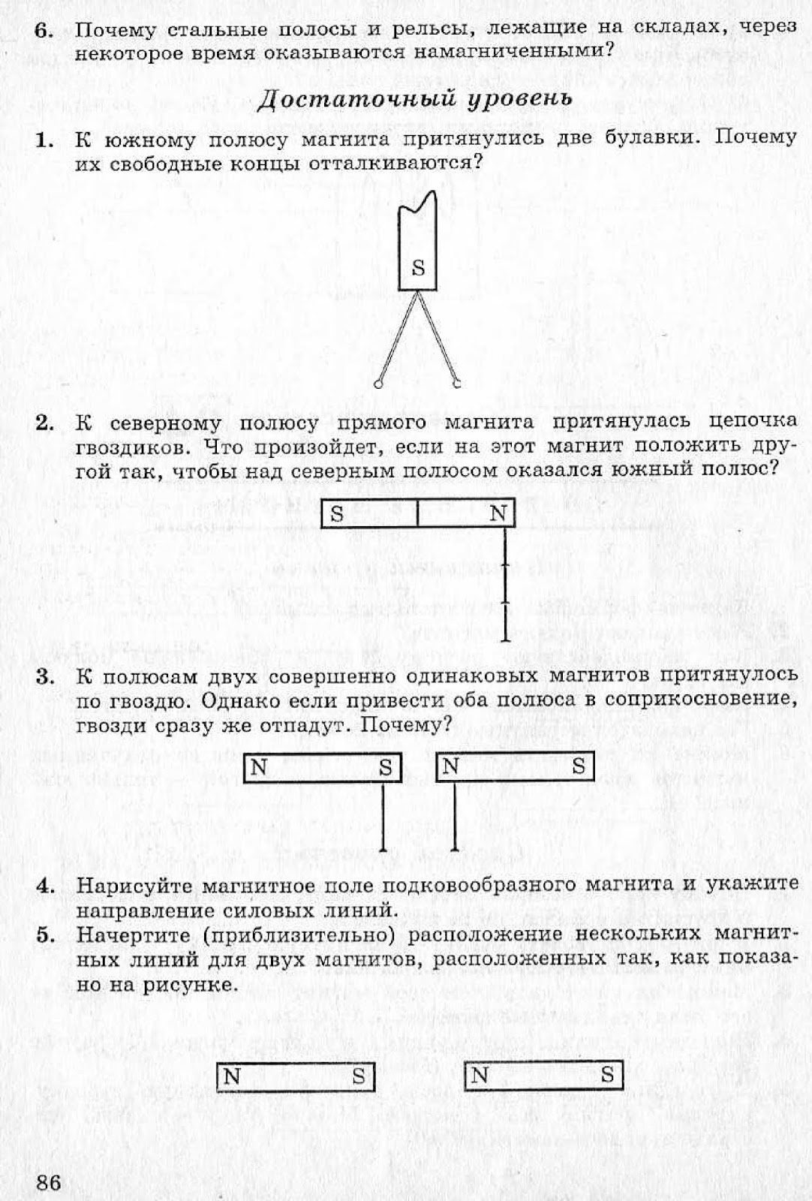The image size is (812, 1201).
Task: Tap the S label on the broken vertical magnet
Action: coord(419,268)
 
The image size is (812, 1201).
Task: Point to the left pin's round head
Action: coord(377,384)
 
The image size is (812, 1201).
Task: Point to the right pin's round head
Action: coord(456,384)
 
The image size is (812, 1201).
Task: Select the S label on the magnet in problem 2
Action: coord(337,514)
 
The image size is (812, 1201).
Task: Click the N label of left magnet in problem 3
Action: coord(259,767)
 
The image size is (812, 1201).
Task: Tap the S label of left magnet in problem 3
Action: coord(386,767)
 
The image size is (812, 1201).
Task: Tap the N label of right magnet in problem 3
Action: coord(450,766)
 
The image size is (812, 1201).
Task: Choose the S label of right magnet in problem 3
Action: coord(579,766)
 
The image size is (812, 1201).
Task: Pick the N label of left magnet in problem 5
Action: coord(232,1076)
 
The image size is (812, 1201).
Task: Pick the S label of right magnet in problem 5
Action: coord(607,1075)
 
